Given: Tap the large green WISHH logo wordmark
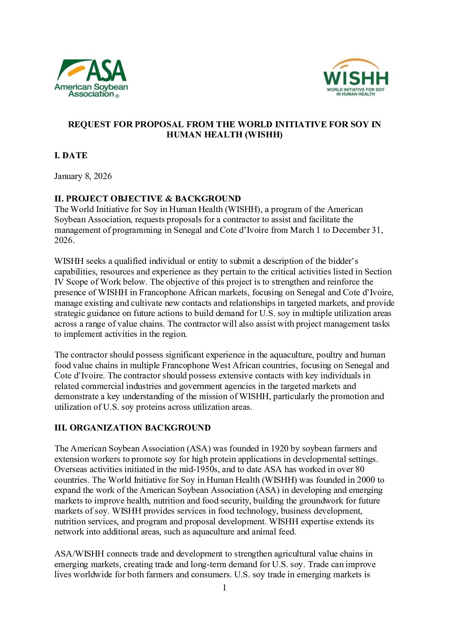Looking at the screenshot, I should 356,78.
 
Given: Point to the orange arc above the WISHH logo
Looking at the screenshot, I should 356,64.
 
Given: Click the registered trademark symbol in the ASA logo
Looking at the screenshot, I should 117,96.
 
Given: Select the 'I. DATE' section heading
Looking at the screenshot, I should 71,156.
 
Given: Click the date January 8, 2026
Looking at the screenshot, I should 83,176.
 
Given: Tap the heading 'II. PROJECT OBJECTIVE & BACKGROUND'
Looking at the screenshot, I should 147,199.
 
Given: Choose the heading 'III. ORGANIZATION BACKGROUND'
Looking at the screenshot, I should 132,428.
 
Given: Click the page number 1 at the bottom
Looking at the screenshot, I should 224,588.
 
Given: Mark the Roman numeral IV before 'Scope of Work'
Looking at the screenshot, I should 59,282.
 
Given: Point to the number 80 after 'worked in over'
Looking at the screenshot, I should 359,470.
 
